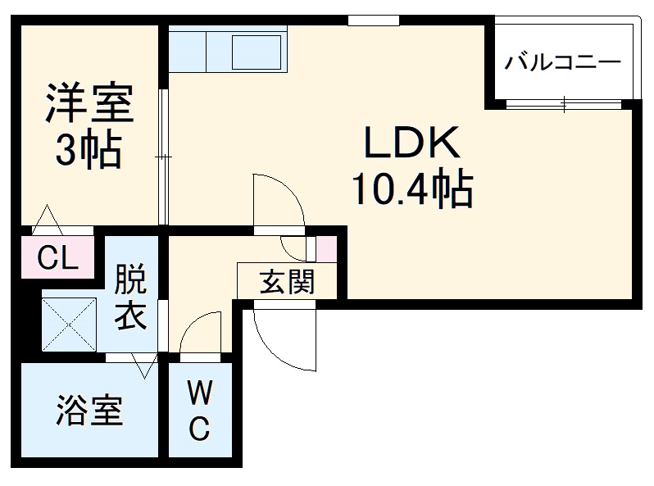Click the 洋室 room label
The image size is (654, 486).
click(x=89, y=106)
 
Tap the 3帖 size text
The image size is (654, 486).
click(x=89, y=149)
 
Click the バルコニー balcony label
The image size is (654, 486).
click(x=562, y=61)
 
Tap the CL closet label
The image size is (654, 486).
click(x=59, y=258)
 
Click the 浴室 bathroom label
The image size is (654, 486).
click(x=89, y=411)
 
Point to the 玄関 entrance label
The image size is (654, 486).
click(x=287, y=283)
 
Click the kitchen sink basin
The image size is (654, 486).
click(x=257, y=51)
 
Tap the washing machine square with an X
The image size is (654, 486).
click(x=70, y=322)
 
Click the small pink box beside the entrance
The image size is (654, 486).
click(x=325, y=248)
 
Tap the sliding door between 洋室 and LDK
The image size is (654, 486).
click(x=164, y=156)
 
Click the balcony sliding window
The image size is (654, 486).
click(x=564, y=103)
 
